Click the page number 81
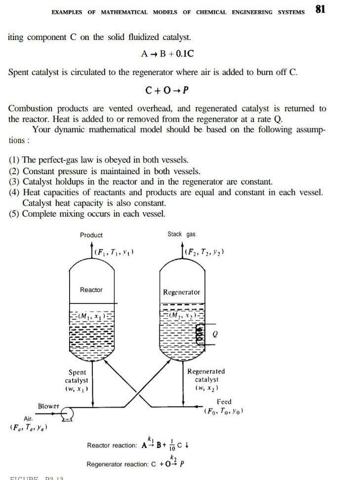pos(320,9)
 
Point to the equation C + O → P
pos(167,90)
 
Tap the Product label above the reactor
pos(91,235)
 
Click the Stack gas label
pos(181,234)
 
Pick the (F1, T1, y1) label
pos(114,252)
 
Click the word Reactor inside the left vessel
pos(91,290)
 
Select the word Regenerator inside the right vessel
pos(181,292)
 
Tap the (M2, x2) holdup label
pos(181,314)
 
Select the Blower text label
pos(48,406)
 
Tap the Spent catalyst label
pos(77,380)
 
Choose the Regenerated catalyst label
pos(206,380)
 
